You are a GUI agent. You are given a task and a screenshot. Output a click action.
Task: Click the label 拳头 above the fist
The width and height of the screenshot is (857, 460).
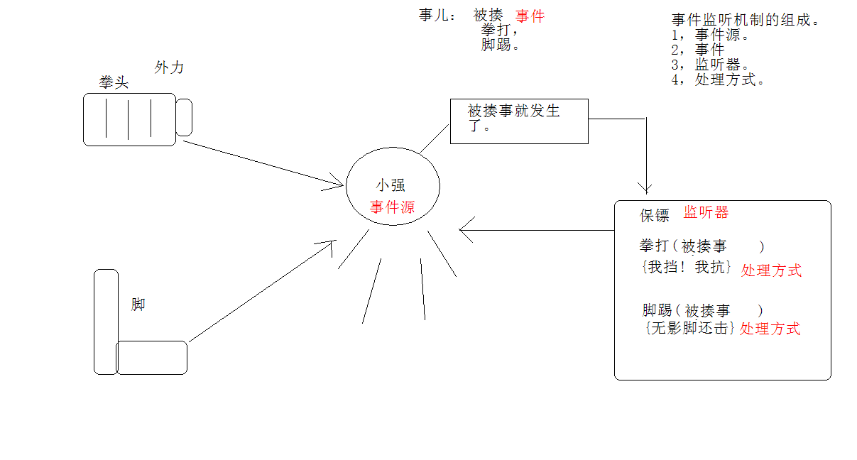tap(114, 83)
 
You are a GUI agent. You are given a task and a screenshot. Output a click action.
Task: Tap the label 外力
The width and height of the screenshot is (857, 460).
tap(169, 67)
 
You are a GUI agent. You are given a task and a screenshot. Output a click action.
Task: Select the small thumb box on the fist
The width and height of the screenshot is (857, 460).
tap(184, 117)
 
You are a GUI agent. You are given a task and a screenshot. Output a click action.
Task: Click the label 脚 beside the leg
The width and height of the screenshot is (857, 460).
tap(138, 305)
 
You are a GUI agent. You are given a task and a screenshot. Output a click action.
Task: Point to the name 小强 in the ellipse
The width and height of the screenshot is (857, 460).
tap(391, 185)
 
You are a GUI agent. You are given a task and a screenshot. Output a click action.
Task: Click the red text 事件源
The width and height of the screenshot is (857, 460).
tap(392, 207)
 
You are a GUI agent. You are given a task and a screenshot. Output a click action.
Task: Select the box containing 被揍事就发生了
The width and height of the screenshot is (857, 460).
tap(519, 121)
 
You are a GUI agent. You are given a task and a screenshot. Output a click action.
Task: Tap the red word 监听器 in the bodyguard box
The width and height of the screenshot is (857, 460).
tap(706, 212)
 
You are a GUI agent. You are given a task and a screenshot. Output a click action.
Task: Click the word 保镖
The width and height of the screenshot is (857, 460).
tap(655, 216)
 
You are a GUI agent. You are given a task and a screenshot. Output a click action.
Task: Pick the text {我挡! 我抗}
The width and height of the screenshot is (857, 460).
tap(686, 268)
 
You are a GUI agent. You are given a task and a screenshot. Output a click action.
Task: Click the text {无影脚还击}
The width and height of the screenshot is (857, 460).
tap(688, 329)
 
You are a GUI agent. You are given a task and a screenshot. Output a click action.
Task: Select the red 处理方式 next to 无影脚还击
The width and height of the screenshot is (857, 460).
tap(770, 329)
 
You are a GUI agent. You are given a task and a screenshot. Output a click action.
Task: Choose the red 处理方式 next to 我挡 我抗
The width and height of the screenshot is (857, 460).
tap(771, 270)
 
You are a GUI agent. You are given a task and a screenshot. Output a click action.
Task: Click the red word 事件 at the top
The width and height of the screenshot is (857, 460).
tap(530, 16)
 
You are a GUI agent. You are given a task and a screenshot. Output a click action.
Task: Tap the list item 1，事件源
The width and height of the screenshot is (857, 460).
tap(710, 35)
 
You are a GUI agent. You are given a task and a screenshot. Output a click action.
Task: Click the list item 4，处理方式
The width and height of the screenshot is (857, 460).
tap(718, 80)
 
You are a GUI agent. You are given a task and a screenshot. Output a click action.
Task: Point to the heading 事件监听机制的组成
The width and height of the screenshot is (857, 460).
tap(746, 20)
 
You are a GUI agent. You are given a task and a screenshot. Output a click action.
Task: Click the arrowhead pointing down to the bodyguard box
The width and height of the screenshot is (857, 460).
tap(645, 188)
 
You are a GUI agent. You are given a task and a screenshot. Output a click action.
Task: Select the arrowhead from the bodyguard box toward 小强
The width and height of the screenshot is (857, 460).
tap(465, 230)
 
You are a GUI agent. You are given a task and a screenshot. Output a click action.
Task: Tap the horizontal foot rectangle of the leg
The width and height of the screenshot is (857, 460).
tap(152, 357)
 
